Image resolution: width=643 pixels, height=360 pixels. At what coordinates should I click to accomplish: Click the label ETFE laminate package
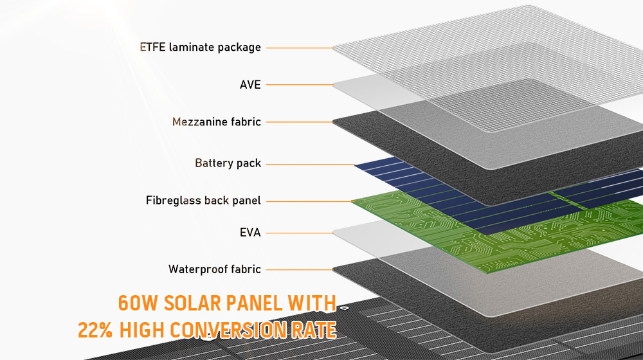[x=200, y=48]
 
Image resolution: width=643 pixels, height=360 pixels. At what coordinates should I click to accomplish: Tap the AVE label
[x=250, y=84]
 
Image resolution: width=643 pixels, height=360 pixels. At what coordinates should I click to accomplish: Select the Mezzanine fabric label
[x=217, y=122]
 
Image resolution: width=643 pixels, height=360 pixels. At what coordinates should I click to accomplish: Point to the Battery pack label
[x=228, y=163]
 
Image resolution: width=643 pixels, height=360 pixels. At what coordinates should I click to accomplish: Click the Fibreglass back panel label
[x=203, y=201]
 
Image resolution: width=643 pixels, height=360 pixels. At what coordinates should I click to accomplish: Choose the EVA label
[x=250, y=233]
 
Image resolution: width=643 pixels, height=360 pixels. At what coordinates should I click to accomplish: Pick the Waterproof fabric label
[x=215, y=269]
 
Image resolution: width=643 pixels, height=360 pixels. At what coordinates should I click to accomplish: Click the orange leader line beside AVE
[x=300, y=85]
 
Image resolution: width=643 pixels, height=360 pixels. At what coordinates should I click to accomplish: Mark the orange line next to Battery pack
[x=311, y=165]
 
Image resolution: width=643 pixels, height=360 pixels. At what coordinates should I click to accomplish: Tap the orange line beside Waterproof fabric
[x=300, y=269]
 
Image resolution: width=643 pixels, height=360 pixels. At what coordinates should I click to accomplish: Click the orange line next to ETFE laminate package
[x=300, y=48]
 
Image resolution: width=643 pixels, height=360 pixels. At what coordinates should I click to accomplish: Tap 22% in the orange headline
[x=95, y=330]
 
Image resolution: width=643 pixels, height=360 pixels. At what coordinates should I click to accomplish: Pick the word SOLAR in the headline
[x=192, y=303]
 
